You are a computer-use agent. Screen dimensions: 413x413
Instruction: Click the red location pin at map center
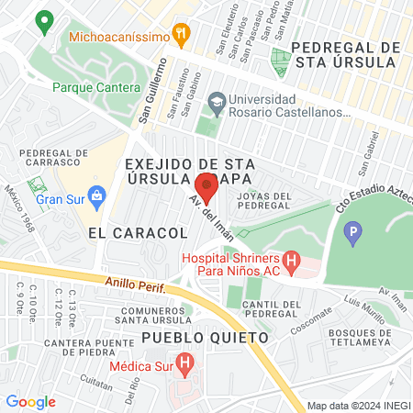pos(206,189)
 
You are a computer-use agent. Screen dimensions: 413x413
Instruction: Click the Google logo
pos(30,401)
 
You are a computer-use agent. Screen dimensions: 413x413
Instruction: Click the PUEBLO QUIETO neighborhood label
pos(206,338)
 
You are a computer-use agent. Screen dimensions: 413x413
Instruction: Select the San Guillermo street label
pos(151,92)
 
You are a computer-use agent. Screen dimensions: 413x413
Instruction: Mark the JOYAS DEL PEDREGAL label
pos(264,202)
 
